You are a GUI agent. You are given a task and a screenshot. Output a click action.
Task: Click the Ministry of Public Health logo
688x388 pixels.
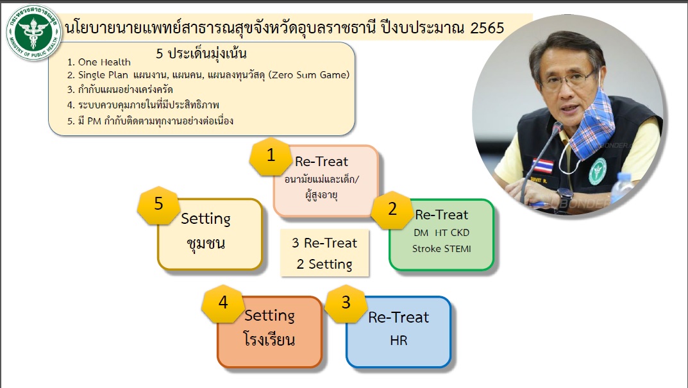click(34, 33)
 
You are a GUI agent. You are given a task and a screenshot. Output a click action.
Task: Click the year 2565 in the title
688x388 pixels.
click(487, 28)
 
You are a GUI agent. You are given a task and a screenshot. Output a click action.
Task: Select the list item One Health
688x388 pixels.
click(99, 62)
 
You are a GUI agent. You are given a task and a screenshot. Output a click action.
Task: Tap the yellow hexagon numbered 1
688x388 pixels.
click(271, 156)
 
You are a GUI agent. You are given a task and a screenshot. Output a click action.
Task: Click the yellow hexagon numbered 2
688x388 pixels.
click(392, 210)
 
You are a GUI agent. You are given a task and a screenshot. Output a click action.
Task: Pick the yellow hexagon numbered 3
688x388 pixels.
click(346, 303)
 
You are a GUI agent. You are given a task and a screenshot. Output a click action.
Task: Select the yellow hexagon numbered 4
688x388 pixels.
click(223, 303)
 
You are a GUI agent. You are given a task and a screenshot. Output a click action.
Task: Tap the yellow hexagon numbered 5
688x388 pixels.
click(158, 205)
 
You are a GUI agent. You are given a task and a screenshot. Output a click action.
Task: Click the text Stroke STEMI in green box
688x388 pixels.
click(441, 249)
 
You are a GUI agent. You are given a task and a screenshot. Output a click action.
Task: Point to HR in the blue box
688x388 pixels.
click(398, 340)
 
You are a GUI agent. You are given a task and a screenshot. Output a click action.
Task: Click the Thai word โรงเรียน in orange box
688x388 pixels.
click(269, 339)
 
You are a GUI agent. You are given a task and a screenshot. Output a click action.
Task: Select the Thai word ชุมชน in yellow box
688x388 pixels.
click(206, 244)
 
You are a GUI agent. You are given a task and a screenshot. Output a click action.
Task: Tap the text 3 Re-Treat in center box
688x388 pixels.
click(324, 243)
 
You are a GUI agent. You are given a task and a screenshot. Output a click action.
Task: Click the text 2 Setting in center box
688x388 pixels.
click(324, 264)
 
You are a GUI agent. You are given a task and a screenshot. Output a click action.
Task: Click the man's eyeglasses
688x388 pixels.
click(567, 80)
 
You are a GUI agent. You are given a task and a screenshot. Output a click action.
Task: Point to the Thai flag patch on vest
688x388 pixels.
click(543, 166)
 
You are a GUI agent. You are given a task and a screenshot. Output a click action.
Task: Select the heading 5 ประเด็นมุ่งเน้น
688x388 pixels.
click(201, 53)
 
